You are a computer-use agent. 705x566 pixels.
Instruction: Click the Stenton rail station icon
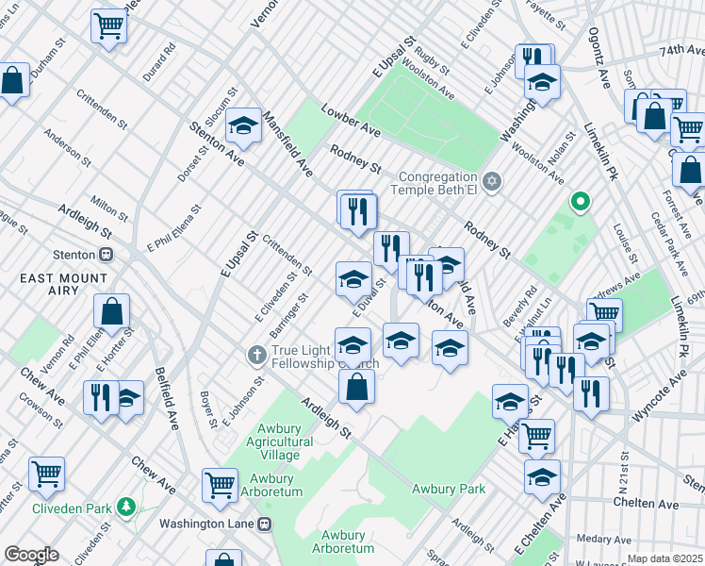107,255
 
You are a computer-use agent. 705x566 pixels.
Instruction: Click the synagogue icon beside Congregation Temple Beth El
490,180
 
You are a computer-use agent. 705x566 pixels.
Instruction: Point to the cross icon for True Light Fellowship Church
255,356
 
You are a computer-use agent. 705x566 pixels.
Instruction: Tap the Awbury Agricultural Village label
279,441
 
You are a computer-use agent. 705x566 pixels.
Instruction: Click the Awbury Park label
449,489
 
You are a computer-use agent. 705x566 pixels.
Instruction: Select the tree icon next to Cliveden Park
123,508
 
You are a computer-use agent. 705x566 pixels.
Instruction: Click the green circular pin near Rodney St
582,201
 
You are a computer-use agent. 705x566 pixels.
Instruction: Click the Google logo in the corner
31,555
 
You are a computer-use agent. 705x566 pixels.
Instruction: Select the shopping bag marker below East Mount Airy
111,311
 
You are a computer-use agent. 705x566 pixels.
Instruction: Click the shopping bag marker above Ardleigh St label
356,387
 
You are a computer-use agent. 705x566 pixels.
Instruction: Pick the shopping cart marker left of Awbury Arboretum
220,485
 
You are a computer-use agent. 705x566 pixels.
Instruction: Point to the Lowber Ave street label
350,119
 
